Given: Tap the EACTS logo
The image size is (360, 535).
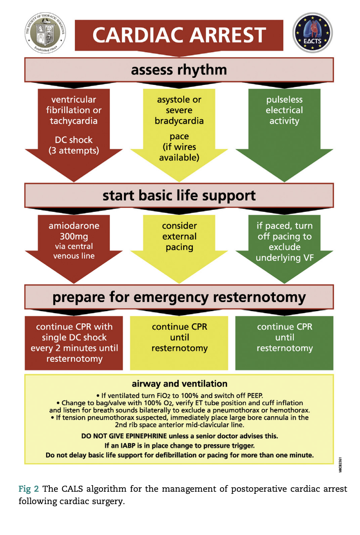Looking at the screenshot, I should coord(313,33).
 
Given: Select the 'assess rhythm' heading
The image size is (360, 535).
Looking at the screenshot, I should coord(179,70).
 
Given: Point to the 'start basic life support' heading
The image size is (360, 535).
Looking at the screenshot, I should coord(179,195).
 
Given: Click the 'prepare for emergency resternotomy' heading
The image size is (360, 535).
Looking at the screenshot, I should coord(179,297).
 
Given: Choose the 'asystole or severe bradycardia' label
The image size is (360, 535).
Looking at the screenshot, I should coord(179,110).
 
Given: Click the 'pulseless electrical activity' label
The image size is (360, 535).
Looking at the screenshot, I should coord(284,110).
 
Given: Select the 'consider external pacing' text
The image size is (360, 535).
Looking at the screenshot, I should coord(179,237).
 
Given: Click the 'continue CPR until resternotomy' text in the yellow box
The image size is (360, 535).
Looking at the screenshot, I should coord(179,338).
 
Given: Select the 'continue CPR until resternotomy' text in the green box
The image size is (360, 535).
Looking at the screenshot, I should coord(285,338).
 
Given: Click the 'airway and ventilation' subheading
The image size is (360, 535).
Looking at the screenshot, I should coord(179,384).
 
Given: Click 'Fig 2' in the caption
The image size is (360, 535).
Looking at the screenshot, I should coord(28,489).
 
